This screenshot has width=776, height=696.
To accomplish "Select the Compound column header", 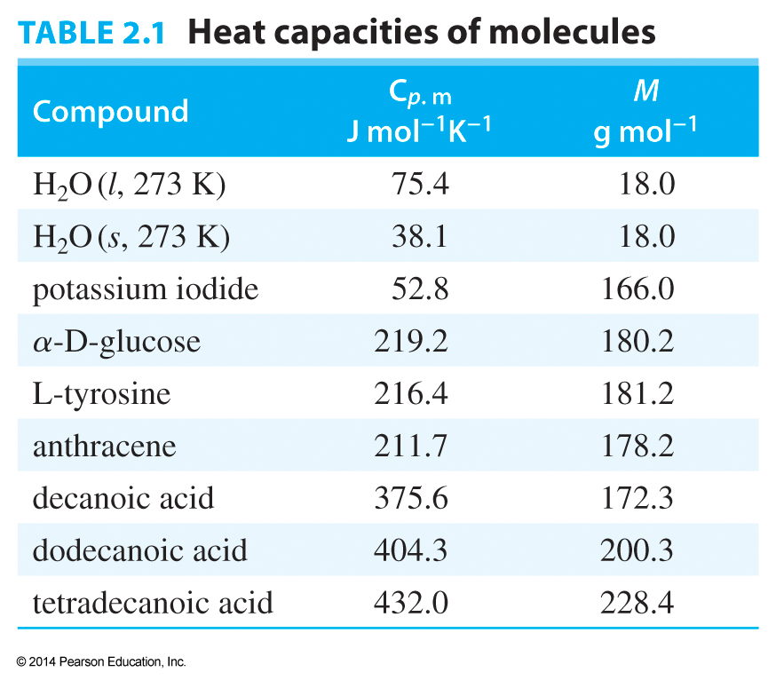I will point(111,111).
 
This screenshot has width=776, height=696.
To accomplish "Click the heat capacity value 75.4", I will point(420,185).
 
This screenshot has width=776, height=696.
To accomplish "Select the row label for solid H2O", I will point(131,237).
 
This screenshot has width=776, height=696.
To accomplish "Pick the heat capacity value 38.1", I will point(420,237).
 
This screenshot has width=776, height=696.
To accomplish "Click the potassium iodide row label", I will point(146,289).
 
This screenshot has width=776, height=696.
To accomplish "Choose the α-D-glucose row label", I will point(116,342).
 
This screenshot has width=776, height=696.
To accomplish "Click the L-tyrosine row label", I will point(101,393).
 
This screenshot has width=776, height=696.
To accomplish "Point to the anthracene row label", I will point(105,446).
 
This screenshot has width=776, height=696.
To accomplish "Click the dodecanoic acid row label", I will point(139,550).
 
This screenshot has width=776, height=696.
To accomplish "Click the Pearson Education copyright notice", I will point(101,662).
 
